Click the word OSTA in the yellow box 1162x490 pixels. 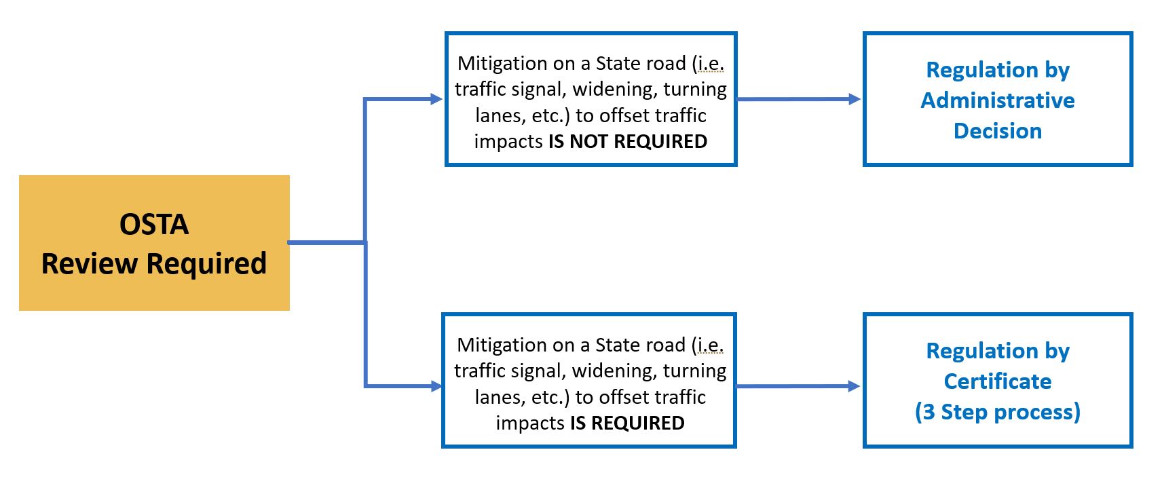coord(154,225)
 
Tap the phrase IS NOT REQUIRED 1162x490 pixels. coord(628,142)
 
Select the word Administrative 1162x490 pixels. coord(997,100)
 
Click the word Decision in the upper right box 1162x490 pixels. coord(997,131)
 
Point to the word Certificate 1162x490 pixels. coord(997,381)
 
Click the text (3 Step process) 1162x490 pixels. coord(997,412)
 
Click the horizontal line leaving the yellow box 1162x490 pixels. coord(326,242)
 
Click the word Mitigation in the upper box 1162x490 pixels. coord(502,64)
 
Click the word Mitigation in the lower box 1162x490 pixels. coord(502,345)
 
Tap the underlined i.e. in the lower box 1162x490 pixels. coord(710,345)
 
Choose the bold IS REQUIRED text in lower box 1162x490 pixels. coord(627,423)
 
